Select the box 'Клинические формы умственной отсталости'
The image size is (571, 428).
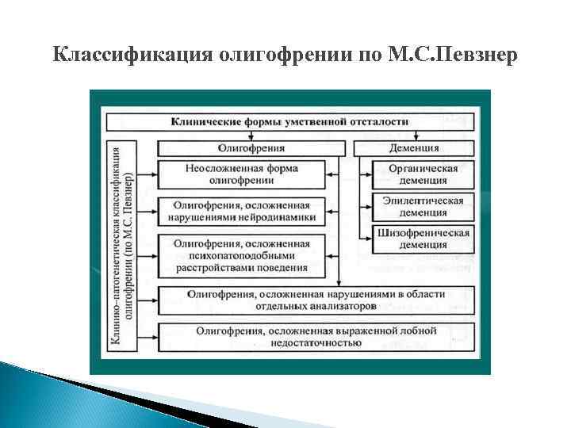[x=290, y=121]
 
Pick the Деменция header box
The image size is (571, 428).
[x=414, y=147]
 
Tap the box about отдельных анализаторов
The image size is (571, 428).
[x=316, y=299]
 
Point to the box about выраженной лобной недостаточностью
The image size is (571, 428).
[x=316, y=336]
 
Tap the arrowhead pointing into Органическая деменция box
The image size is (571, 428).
[x=366, y=174]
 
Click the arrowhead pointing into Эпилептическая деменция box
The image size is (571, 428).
[x=366, y=207]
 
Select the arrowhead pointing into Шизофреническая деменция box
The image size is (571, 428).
[x=366, y=239]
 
